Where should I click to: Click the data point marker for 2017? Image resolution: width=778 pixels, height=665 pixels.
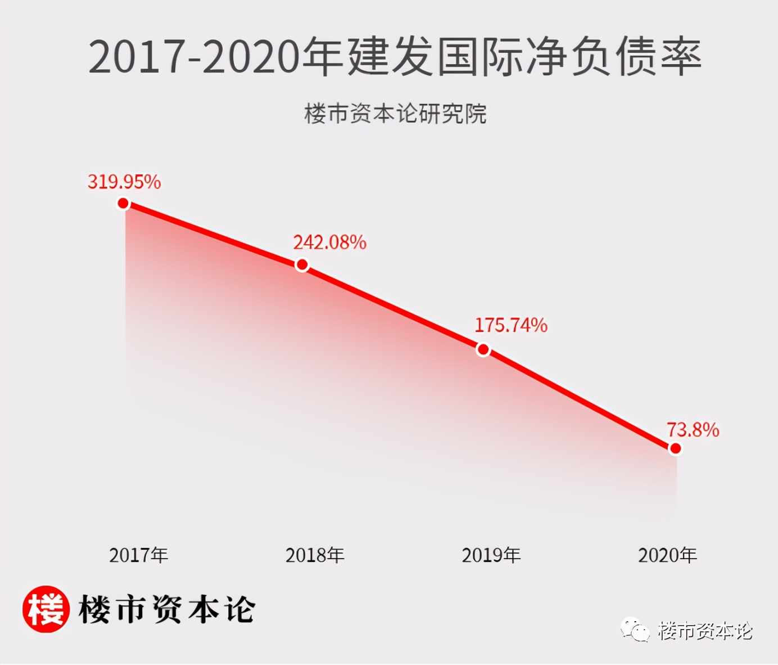(123, 203)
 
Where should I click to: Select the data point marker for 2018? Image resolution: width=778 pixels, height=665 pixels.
(302, 264)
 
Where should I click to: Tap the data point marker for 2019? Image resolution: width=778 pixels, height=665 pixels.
(483, 350)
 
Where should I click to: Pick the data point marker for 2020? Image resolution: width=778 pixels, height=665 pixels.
(676, 448)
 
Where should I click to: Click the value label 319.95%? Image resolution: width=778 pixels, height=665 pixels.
(124, 182)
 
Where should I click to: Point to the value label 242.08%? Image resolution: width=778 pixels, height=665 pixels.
(329, 242)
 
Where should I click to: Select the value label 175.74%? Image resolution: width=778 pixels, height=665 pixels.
(511, 325)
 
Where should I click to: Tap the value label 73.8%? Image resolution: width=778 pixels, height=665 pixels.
(693, 430)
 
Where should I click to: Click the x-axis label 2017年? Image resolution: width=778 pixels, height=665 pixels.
(139, 555)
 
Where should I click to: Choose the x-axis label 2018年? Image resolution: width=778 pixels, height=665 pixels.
(315, 555)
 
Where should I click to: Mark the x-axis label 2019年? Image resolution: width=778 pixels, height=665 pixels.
(491, 555)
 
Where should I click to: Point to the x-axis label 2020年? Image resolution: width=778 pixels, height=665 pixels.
(667, 555)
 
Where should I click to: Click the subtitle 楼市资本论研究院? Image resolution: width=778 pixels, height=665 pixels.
(395, 114)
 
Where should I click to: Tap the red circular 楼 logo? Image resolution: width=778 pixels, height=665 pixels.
(46, 609)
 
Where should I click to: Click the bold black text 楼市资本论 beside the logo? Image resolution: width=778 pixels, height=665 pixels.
(167, 609)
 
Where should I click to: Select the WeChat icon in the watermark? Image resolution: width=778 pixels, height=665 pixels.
(635, 630)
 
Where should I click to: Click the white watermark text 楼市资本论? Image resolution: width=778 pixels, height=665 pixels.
(705, 631)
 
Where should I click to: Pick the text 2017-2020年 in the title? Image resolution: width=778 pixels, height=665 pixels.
(216, 57)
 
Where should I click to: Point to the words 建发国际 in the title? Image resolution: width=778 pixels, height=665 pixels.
(436, 57)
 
